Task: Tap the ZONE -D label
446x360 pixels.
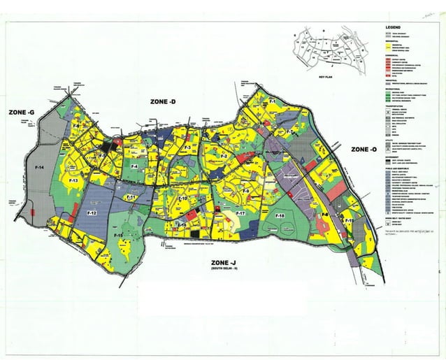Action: tap(163, 102)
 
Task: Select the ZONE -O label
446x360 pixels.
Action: tap(364, 150)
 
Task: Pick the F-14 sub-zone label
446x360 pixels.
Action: tap(38, 168)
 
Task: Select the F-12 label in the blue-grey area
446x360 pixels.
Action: tap(91, 212)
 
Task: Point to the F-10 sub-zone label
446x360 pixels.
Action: tap(183, 200)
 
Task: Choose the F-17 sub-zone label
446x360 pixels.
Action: tap(240, 212)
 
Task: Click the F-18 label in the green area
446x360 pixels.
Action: tap(280, 217)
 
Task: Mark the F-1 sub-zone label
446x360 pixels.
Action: tap(273, 103)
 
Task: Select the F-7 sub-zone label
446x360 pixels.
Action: tap(289, 131)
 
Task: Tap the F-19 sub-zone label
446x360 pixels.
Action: tap(349, 222)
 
